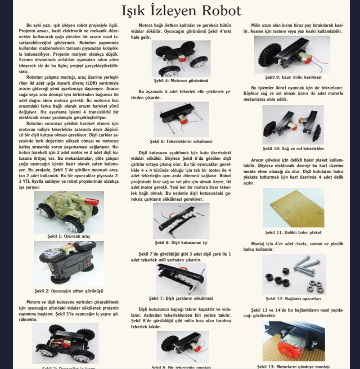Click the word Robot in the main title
point(216,10)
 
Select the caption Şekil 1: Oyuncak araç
point(68,236)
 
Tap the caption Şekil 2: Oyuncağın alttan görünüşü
point(68,291)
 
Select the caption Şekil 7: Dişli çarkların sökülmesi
point(180,298)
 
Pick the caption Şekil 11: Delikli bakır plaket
point(293,232)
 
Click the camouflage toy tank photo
point(69,212)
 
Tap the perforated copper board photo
point(293,207)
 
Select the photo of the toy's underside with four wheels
point(69,264)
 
